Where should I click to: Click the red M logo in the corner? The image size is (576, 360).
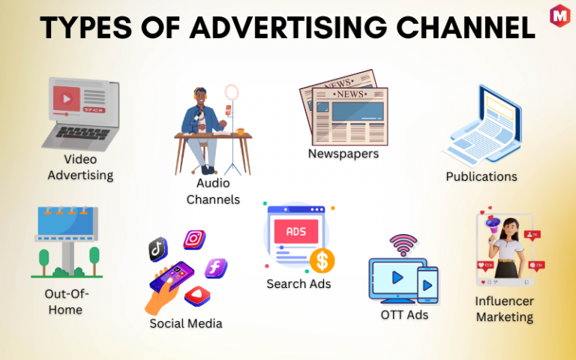point(559,16)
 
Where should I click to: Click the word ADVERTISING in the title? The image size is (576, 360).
point(288,28)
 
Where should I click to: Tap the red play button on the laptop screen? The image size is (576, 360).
point(67,98)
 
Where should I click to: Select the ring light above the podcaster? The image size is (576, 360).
point(232,92)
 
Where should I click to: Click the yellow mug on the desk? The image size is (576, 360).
point(240,131)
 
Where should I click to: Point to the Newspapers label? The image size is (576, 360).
point(343,154)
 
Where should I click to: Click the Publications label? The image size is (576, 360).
point(481,177)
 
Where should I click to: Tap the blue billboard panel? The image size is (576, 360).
point(66,221)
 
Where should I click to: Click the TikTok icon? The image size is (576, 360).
point(158,250)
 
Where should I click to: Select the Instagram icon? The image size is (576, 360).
point(194,239)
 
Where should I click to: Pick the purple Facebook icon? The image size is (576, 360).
point(216,268)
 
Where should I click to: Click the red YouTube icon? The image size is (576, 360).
point(197,295)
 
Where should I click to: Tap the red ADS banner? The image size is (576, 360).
point(296,232)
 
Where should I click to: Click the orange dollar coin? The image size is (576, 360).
point(322,260)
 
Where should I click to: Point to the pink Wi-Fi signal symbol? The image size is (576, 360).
point(403,244)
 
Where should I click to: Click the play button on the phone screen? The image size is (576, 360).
point(427,286)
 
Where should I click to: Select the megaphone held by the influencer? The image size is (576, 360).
point(493,224)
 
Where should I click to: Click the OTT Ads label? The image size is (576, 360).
point(404,315)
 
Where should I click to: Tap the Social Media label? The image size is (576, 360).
point(186,324)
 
